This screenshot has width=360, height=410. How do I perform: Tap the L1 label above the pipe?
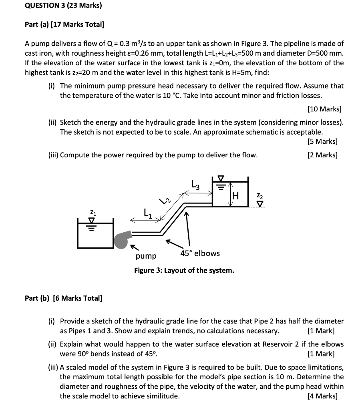pyautogui.click(x=147, y=213)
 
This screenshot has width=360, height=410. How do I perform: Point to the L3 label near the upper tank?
pyautogui.click(x=195, y=185)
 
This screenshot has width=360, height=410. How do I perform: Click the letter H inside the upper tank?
pyautogui.click(x=236, y=196)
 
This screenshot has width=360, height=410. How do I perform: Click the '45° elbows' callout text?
pyautogui.click(x=200, y=253)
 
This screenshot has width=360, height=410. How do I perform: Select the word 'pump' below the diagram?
pyautogui.click(x=146, y=256)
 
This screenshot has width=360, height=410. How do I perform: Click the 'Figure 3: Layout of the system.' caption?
pyautogui.click(x=184, y=271)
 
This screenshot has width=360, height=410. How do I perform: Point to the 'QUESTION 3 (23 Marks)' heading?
pyautogui.click(x=63, y=6)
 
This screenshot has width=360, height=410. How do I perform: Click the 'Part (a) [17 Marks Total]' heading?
pyautogui.click(x=64, y=25)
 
